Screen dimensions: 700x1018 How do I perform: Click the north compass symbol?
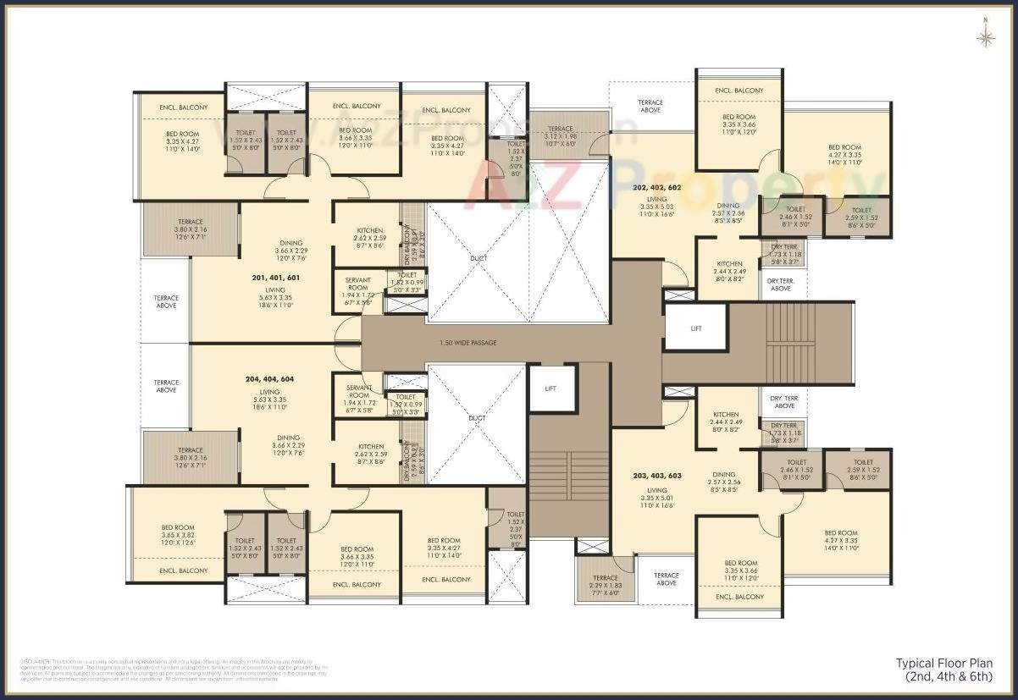985,36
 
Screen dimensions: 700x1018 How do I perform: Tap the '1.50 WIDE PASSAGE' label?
468,343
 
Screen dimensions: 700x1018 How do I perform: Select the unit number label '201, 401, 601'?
276,278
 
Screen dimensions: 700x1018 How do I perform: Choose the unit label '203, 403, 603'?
657,476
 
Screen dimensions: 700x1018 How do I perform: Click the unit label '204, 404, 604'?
269,380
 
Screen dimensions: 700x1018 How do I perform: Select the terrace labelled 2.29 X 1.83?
605,583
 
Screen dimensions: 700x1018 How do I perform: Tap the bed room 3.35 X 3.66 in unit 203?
740,571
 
